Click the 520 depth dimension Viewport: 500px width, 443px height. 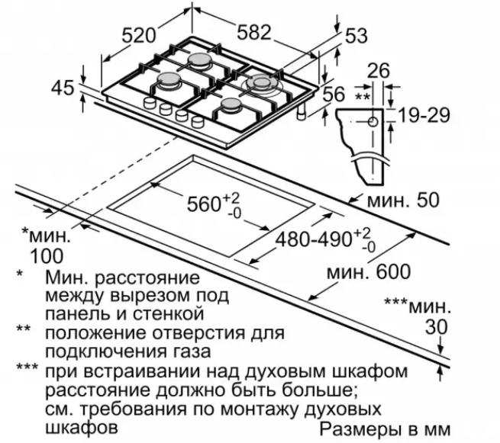pyautogui.click(x=140, y=35)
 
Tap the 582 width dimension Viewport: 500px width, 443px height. pyautogui.click(x=254, y=32)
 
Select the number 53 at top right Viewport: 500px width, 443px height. pyautogui.click(x=356, y=36)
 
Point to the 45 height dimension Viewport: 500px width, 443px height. pyautogui.click(x=63, y=87)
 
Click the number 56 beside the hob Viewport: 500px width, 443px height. pyautogui.click(x=334, y=94)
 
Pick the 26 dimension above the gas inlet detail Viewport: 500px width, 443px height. pyautogui.click(x=379, y=71)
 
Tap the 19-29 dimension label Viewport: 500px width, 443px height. pyautogui.click(x=424, y=115)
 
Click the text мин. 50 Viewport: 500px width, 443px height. pyautogui.click(x=403, y=201)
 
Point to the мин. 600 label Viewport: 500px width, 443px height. pyautogui.click(x=369, y=272)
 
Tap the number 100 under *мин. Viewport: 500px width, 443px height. pyautogui.click(x=47, y=255)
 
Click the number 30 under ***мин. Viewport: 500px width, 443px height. pyautogui.click(x=437, y=327)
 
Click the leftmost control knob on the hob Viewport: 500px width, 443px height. pyautogui.click(x=149, y=103)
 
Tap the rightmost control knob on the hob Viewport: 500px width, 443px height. pyautogui.click(x=198, y=122)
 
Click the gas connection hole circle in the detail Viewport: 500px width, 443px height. pyautogui.click(x=373, y=122)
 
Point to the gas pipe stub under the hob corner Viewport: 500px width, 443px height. pyautogui.click(x=301, y=112)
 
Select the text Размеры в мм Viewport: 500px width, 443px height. pyautogui.click(x=385, y=429)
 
